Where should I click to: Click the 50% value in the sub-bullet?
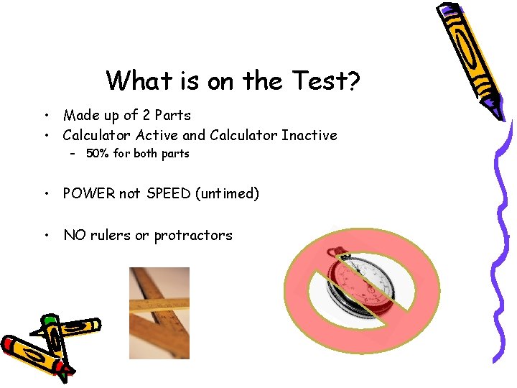pyautogui.click(x=97, y=154)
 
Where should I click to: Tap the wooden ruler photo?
pyautogui.click(x=159, y=313)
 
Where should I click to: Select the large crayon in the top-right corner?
pyautogui.click(x=463, y=57)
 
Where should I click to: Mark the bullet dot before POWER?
pyautogui.click(x=45, y=194)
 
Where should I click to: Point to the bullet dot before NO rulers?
pyautogui.click(x=45, y=236)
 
